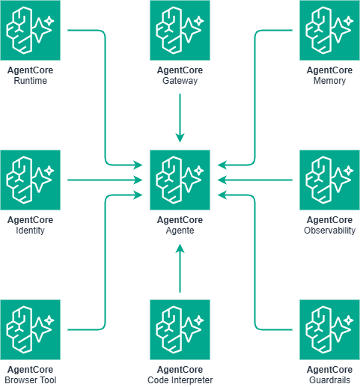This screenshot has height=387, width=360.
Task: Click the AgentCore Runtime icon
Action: point(30,30)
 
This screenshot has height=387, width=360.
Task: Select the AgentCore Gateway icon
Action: point(180,30)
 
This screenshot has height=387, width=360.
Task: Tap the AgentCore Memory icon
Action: point(329,30)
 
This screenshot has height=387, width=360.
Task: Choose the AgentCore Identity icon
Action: point(30,180)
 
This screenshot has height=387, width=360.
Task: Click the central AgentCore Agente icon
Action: point(180,180)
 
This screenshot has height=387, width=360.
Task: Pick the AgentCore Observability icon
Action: point(329,180)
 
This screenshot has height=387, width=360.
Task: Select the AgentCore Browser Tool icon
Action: point(30,329)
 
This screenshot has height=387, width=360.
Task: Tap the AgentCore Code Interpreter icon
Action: point(180,329)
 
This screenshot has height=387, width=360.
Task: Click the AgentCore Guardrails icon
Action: point(329,329)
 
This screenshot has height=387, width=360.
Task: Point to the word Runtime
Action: point(30,81)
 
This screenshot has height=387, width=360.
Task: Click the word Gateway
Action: point(180,81)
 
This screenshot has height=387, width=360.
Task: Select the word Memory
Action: point(329,81)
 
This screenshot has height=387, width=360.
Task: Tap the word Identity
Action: point(30,231)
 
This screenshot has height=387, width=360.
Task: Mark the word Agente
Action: point(180,231)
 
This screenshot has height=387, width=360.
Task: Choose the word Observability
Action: point(329,231)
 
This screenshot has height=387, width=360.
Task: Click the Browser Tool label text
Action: point(31,380)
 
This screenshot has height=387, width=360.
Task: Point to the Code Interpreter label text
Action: point(180,380)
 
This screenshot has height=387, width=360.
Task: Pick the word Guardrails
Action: point(329,380)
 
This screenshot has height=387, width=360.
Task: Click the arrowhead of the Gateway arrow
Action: point(180,138)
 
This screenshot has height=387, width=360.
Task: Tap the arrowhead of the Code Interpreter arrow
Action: point(180,248)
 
